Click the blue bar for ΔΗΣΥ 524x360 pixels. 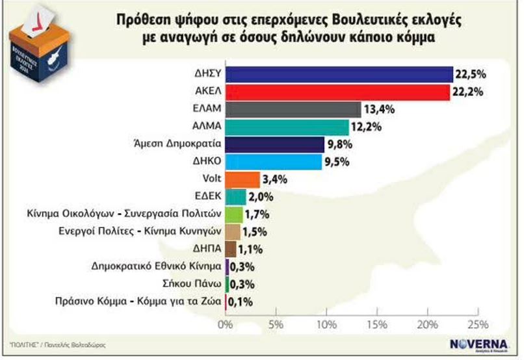(338, 74)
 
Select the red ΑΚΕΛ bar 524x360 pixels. (337, 92)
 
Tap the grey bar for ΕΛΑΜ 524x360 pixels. (293, 109)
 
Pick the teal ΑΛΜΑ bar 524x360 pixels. (286, 127)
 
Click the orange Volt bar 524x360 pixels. (242, 179)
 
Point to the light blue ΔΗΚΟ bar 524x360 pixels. (273, 161)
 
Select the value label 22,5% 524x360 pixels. (472, 75)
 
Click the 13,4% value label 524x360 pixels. (380, 109)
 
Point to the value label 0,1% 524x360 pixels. (240, 301)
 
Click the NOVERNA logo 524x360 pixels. (477, 344)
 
